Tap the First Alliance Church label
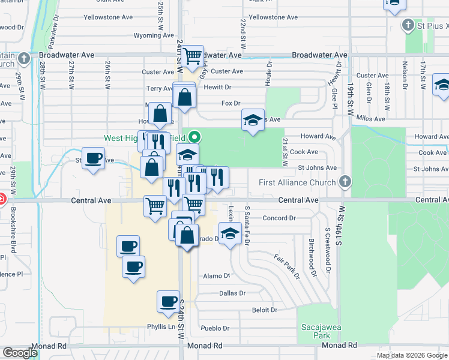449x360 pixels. tap(297, 182)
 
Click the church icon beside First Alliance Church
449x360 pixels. tap(345, 181)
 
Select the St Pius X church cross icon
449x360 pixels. tap(408, 25)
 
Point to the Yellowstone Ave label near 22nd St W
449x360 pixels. tap(274, 17)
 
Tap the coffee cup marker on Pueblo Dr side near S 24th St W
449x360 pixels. tap(169, 301)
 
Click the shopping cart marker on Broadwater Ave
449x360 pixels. tap(193, 56)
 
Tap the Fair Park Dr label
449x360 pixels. tap(287, 266)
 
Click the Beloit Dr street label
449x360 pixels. tap(265, 310)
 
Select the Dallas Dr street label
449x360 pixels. tap(233, 293)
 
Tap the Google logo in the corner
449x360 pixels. tap(20, 352)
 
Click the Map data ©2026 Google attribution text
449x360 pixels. tap(412, 355)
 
